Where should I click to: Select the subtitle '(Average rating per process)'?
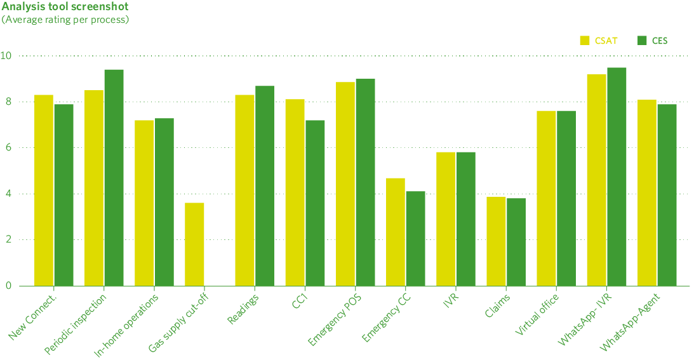(x=65, y=20)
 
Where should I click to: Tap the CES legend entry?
(x=653, y=41)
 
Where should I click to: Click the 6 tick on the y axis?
(x=9, y=148)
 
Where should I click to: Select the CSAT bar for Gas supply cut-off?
(x=194, y=244)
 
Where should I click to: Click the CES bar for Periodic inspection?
(x=114, y=178)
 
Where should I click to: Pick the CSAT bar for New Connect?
(x=43, y=190)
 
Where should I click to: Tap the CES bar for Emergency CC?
(x=415, y=239)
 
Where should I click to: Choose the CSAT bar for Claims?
(x=496, y=241)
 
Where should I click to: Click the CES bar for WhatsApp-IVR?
(x=617, y=177)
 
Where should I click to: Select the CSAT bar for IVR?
(x=446, y=219)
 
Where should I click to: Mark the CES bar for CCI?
(x=315, y=203)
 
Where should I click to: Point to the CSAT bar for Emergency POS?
(x=345, y=184)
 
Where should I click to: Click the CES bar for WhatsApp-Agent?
(x=667, y=195)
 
